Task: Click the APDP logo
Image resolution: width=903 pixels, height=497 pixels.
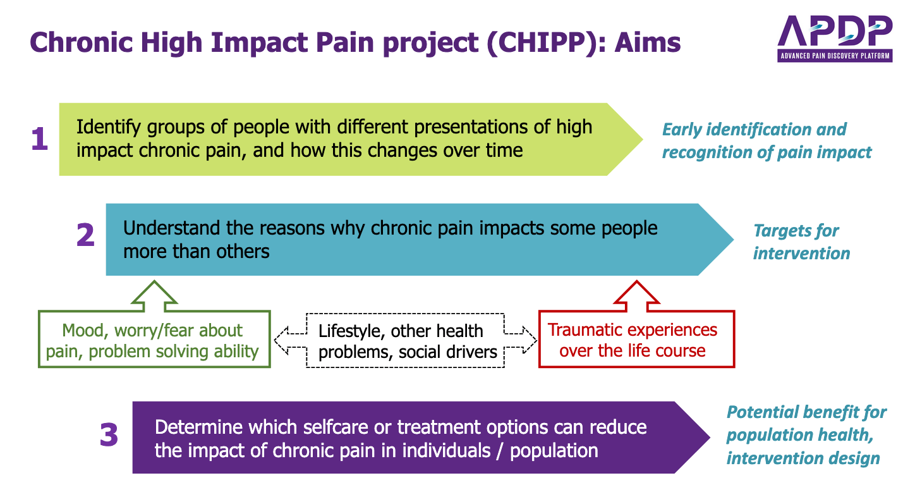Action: pyautogui.click(x=835, y=39)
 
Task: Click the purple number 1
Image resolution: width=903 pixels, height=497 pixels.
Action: pyautogui.click(x=40, y=138)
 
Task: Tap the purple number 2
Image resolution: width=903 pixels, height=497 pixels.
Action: pyautogui.click(x=85, y=235)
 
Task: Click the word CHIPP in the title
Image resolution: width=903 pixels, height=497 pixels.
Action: pyautogui.click(x=540, y=42)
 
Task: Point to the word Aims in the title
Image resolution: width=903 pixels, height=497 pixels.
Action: pyautogui.click(x=648, y=42)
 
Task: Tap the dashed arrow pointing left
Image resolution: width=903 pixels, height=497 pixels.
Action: pyautogui.click(x=290, y=340)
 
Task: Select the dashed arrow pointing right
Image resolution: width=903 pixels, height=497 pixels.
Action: pyautogui.click(x=521, y=340)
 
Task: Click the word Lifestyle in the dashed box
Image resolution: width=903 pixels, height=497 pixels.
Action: pyautogui.click(x=352, y=331)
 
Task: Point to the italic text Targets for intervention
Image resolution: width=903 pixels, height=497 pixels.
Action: pyautogui.click(x=801, y=242)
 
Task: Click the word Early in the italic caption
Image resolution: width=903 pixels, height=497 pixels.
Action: pyautogui.click(x=681, y=130)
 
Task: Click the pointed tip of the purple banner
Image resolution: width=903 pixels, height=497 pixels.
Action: pyautogui.click(x=710, y=438)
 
